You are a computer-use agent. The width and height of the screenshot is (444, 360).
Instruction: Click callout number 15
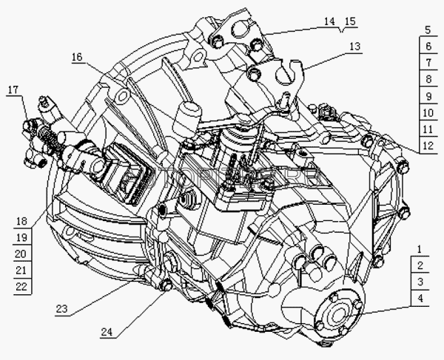pos(349,22)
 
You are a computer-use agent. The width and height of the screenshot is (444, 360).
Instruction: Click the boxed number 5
pos(428,32)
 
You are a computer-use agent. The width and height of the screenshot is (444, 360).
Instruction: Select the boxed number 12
pos(428,146)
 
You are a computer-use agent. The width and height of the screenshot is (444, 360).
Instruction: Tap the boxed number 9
pos(428,97)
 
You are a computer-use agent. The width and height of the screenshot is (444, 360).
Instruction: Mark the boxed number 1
pos(420,249)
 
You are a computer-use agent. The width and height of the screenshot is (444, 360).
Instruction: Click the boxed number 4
pos(420,299)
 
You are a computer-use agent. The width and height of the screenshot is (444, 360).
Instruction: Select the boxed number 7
pos(428,64)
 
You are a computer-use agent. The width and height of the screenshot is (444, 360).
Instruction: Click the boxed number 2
pos(420,266)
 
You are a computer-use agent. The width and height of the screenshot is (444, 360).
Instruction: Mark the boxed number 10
pos(428,113)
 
